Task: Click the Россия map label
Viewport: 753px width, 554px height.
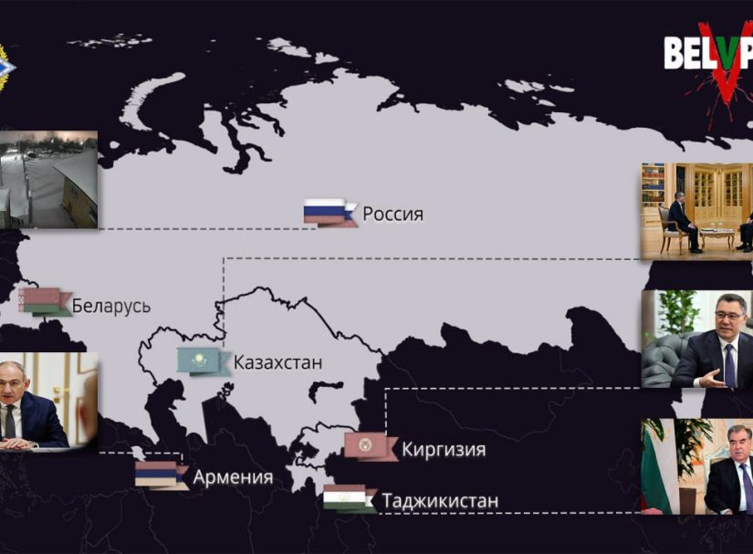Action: (392, 214)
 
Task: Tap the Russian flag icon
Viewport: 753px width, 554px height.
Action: (328, 212)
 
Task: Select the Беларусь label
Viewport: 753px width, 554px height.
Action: (111, 306)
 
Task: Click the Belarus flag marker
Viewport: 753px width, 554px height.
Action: (44, 301)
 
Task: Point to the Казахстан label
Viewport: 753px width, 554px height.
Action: (277, 362)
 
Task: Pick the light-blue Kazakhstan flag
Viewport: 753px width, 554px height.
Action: (203, 361)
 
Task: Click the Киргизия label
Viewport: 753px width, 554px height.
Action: (443, 449)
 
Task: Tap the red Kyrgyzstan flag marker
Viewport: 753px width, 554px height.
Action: (369, 445)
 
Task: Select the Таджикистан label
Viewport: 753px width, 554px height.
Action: (441, 501)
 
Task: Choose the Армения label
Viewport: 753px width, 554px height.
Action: (233, 477)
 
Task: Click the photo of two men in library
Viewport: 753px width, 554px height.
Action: (696, 211)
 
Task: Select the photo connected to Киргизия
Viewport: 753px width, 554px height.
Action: (696, 340)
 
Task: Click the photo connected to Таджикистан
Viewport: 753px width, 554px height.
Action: (696, 466)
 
